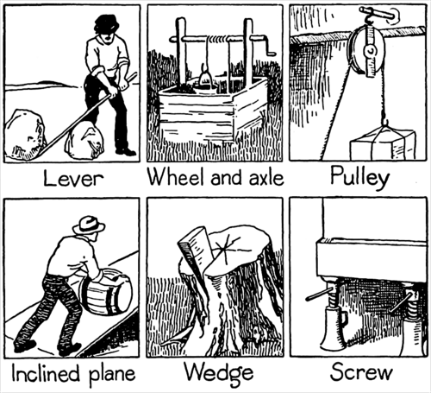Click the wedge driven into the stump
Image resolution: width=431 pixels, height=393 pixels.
coord(194,247)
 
